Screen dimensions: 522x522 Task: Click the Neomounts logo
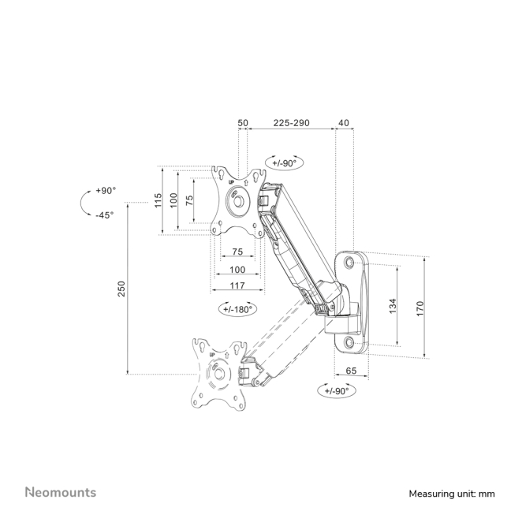[x=61, y=492]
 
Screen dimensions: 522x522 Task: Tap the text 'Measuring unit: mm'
[x=452, y=494]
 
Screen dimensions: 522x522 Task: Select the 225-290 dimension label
[x=291, y=123]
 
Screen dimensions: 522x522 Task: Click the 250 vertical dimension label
[x=121, y=289]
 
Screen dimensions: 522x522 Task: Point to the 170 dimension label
[x=419, y=308]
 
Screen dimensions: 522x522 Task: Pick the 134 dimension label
[x=393, y=306]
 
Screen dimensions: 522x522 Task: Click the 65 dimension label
[x=351, y=371]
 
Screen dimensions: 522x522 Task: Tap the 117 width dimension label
[x=237, y=285]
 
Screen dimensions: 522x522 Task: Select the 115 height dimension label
[x=158, y=200]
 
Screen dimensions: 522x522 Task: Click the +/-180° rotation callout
[x=237, y=309]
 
